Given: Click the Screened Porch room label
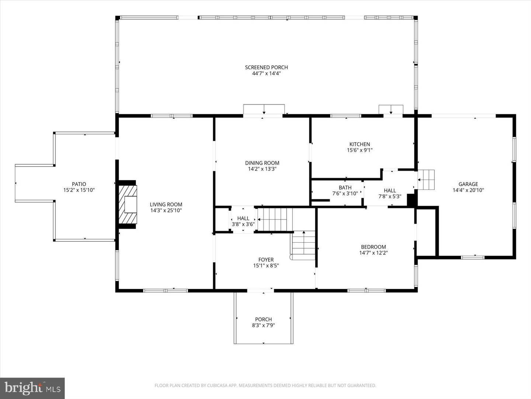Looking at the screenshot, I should (266, 67).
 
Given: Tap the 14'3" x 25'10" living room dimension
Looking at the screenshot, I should (166, 211).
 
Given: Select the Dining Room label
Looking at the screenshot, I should (262, 163).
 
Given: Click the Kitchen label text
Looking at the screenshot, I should (360, 144).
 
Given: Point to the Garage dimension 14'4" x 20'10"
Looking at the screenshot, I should (468, 190).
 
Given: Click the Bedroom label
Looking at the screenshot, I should (373, 247).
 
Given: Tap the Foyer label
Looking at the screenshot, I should (266, 260).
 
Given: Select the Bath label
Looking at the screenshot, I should (345, 188).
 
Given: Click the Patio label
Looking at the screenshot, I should (79, 184).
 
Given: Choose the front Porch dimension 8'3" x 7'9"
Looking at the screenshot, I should (263, 325).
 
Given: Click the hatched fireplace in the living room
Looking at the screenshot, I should (127, 204).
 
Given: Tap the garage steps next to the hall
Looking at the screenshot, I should (426, 180).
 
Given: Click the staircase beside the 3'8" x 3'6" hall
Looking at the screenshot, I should (275, 219).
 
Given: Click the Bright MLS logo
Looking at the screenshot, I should (32, 388).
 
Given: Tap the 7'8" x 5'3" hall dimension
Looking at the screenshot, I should (390, 197).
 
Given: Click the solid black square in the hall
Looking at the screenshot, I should (411, 200).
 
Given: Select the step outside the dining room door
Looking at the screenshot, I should (264, 109).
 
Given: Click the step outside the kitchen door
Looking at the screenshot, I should (391, 110).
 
